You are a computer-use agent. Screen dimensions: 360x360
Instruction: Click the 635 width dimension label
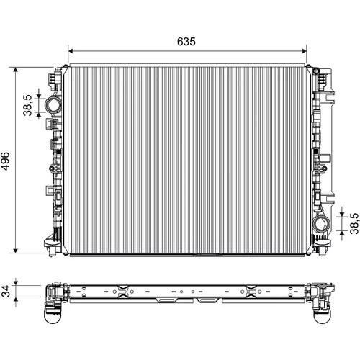(186, 42)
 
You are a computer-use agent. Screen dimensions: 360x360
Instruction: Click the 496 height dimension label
(5, 161)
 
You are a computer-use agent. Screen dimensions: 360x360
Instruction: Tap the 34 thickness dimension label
(5, 291)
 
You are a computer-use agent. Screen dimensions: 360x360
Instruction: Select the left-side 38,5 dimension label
(27, 105)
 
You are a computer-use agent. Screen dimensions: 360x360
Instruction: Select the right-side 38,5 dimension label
(354, 223)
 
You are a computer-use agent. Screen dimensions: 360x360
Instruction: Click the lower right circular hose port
(321, 224)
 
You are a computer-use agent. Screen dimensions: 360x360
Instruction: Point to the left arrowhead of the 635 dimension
(71, 51)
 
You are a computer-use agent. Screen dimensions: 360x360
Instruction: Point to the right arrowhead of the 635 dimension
(305, 51)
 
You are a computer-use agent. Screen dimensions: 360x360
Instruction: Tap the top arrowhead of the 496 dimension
(16, 70)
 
